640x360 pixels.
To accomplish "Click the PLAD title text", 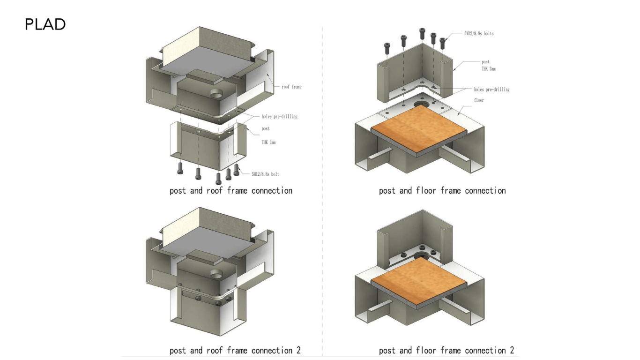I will tap(45, 24).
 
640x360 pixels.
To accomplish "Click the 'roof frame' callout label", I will tap(291, 87).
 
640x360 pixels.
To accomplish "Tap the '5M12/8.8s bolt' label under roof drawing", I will tap(265, 174).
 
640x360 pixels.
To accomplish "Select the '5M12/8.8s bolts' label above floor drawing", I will tap(479, 34).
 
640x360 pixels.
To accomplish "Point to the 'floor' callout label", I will tap(479, 100).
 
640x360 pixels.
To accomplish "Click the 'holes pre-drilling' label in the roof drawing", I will tap(279, 116).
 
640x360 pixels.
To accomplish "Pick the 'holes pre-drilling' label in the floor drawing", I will tap(491, 90).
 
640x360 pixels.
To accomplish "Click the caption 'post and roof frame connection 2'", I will tap(235, 350).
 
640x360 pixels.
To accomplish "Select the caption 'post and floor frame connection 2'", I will tap(447, 350).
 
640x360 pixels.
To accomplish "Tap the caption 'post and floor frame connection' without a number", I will tap(442, 191).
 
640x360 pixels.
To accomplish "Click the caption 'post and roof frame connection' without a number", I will tap(231, 191).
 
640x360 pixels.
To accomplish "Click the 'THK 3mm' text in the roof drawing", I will tap(268, 142).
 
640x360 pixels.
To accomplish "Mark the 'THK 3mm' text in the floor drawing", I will tap(488, 69).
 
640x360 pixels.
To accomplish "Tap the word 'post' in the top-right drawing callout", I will tap(485, 62).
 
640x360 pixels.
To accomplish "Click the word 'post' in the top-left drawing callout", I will tap(266, 128).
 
